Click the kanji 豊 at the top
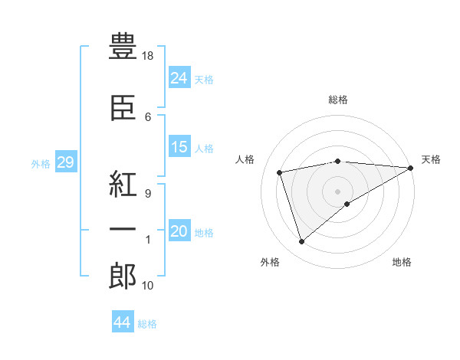coord(123,46)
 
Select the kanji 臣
coord(123,107)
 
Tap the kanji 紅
coord(123,184)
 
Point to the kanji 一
coord(123,229)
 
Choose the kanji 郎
coord(123,276)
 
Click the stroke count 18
coord(147,56)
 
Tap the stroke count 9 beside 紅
coord(148,194)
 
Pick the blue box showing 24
coord(179,77)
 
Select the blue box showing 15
coord(179,146)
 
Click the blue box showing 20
coord(179,230)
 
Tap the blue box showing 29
coord(66,162)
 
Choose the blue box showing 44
coord(123,321)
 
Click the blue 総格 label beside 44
coord(147,324)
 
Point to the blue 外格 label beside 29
coord(41,164)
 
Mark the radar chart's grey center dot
coord(337,191)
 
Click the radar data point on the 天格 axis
coord(411,168)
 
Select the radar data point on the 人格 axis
coord(280,172)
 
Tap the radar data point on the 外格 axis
coord(301,242)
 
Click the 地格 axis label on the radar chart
coord(402,262)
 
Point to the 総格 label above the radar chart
coord(338,100)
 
